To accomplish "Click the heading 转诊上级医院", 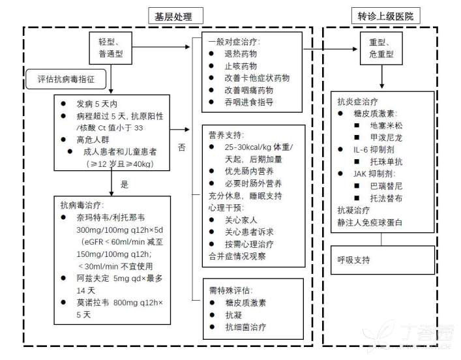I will tap(385, 16).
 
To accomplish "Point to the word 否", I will tap(181, 147).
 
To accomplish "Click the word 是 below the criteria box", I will tap(125, 185).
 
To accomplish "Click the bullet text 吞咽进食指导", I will tap(249, 102).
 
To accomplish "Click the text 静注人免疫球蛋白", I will tap(370, 222).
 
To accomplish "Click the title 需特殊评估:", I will tap(231, 290).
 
